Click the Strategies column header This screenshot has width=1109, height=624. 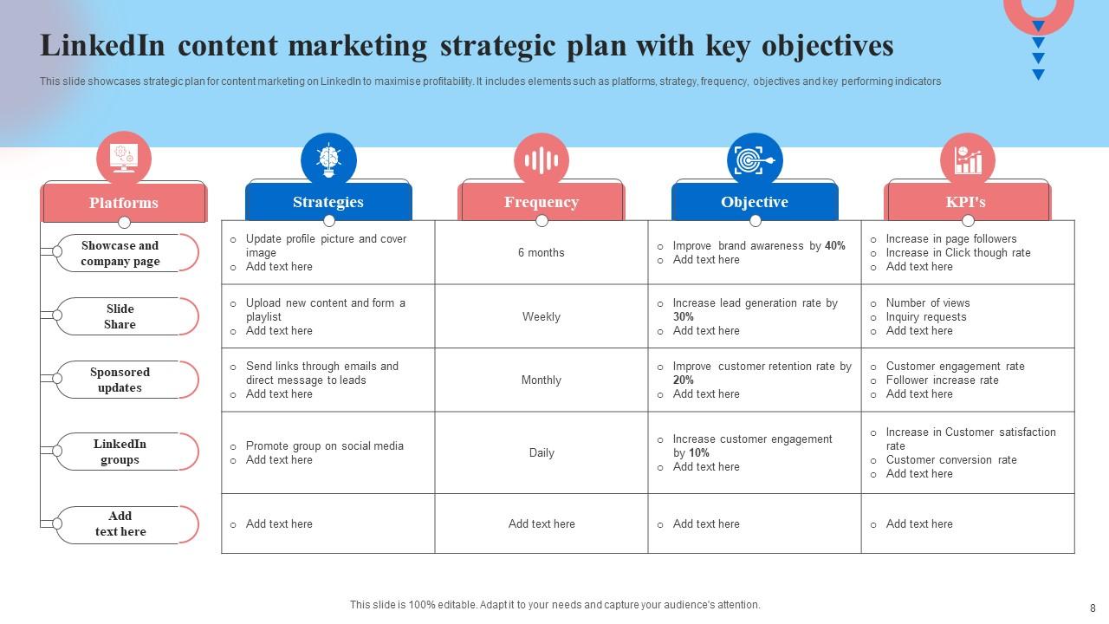pos(328,202)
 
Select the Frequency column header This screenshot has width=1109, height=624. pos(542,202)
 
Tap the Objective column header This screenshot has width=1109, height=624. pos(755,202)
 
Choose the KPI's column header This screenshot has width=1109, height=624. pos(966,202)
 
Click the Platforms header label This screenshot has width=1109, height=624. pos(124,203)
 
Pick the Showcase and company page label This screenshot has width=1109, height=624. pos(120,253)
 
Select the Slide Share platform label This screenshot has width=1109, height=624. pos(120,316)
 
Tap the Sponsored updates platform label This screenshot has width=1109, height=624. pos(120,380)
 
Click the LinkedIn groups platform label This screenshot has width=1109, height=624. pos(120,452)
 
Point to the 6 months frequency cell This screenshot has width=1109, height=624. pos(542,253)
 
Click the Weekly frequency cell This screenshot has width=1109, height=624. pos(542,317)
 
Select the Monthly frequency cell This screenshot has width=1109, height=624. pos(542,380)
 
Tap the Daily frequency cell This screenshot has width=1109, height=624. pos(542,453)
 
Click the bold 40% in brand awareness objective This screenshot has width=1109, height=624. pos(835,246)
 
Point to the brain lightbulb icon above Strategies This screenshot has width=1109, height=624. pos(328,160)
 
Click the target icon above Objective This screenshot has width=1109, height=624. pos(755,160)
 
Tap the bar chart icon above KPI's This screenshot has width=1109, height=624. pos(968,160)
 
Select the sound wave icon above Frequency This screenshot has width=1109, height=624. pos(542,160)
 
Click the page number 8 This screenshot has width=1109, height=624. pos(1093,608)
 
